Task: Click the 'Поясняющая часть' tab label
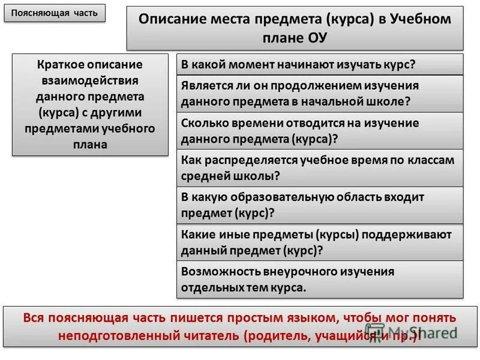[x=54, y=13]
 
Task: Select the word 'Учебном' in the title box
[x=421, y=19]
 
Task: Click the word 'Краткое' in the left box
[x=61, y=64]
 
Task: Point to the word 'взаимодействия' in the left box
[x=91, y=80]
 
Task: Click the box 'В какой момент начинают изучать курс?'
[x=320, y=64]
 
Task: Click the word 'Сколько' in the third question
[x=202, y=123]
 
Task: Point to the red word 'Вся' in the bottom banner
[x=34, y=317]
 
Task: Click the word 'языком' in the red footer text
[x=309, y=317]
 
